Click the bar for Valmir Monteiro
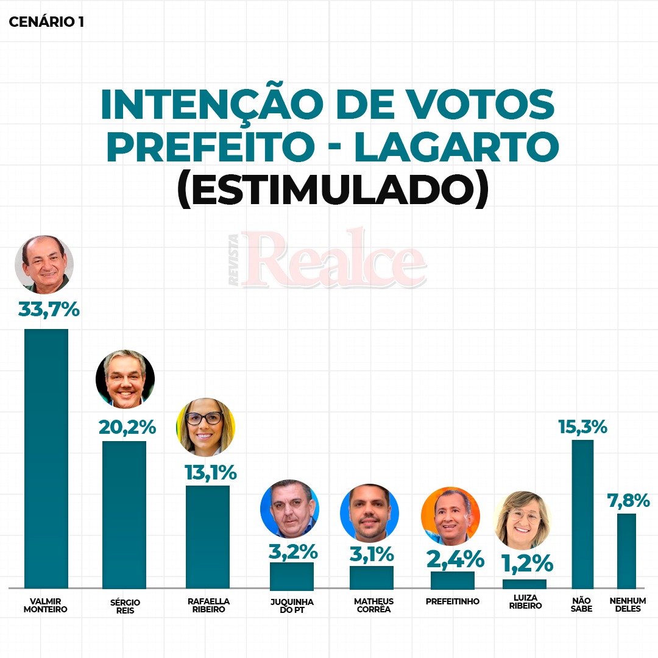pyautogui.click(x=46, y=458)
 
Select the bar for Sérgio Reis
pyautogui.click(x=124, y=514)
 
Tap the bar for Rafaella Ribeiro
pyautogui.click(x=207, y=536)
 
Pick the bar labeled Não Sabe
pyautogui.click(x=582, y=514)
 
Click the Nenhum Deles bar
pyautogui.click(x=626, y=550)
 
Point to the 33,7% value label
pyautogui.click(x=49, y=310)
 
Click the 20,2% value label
pyautogui.click(x=127, y=427)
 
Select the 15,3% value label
pyautogui.click(x=582, y=426)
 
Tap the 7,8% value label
pyautogui.click(x=628, y=501)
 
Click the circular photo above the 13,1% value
pyautogui.click(x=205, y=427)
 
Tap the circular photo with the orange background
pyautogui.click(x=450, y=516)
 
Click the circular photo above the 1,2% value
pyautogui.click(x=522, y=520)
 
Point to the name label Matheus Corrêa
pyautogui.click(x=373, y=605)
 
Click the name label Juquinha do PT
pyautogui.click(x=291, y=605)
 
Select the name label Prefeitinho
pyautogui.click(x=452, y=601)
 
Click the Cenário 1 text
pyautogui.click(x=46, y=23)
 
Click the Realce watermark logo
pyautogui.click(x=329, y=259)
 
